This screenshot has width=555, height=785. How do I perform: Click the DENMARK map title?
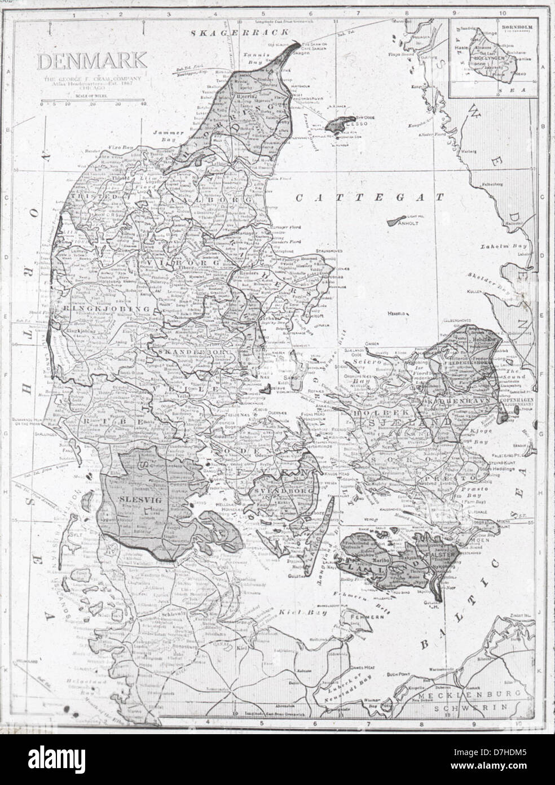pyautogui.click(x=92, y=60)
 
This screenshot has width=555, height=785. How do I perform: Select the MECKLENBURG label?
pyautogui.click(x=461, y=698)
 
